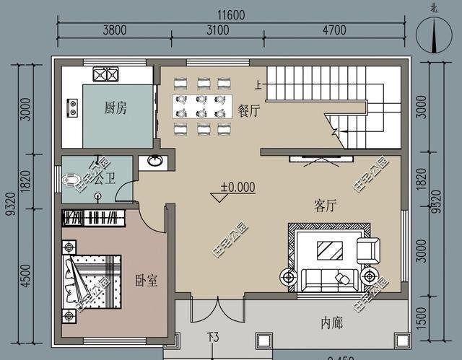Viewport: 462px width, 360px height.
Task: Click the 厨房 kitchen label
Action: [x=115, y=108]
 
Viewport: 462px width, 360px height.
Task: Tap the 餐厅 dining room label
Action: [x=249, y=110]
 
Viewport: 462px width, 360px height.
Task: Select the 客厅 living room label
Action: [x=327, y=205]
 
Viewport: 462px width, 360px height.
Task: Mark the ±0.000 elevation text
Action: [x=237, y=187]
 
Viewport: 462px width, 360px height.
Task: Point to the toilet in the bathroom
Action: [x=73, y=180]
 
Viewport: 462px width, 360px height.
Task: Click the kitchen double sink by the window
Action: [x=105, y=74]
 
